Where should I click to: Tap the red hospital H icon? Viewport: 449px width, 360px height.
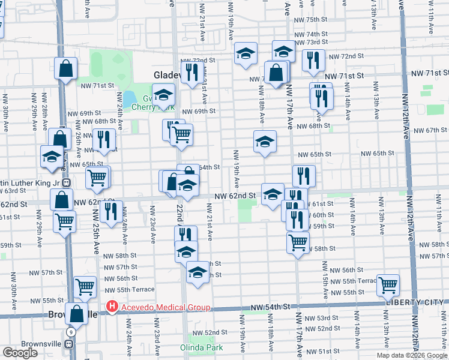(x=112, y=307)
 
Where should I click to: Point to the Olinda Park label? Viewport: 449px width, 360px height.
(x=202, y=347)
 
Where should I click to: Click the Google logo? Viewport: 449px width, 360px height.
(x=20, y=353)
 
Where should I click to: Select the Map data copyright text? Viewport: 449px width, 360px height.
(x=411, y=355)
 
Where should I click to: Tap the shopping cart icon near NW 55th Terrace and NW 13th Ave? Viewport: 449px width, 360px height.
(x=388, y=284)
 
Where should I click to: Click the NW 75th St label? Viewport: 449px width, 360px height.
(x=311, y=20)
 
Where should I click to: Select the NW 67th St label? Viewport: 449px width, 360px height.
(x=427, y=130)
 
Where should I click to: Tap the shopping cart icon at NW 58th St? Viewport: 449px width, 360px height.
(x=298, y=242)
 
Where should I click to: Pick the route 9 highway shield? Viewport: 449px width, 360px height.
(x=71, y=332)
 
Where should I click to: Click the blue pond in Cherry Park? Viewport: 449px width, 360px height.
(x=128, y=98)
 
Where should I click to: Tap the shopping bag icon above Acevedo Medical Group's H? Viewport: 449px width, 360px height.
(x=77, y=313)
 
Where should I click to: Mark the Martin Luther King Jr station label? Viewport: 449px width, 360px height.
(x=30, y=182)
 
